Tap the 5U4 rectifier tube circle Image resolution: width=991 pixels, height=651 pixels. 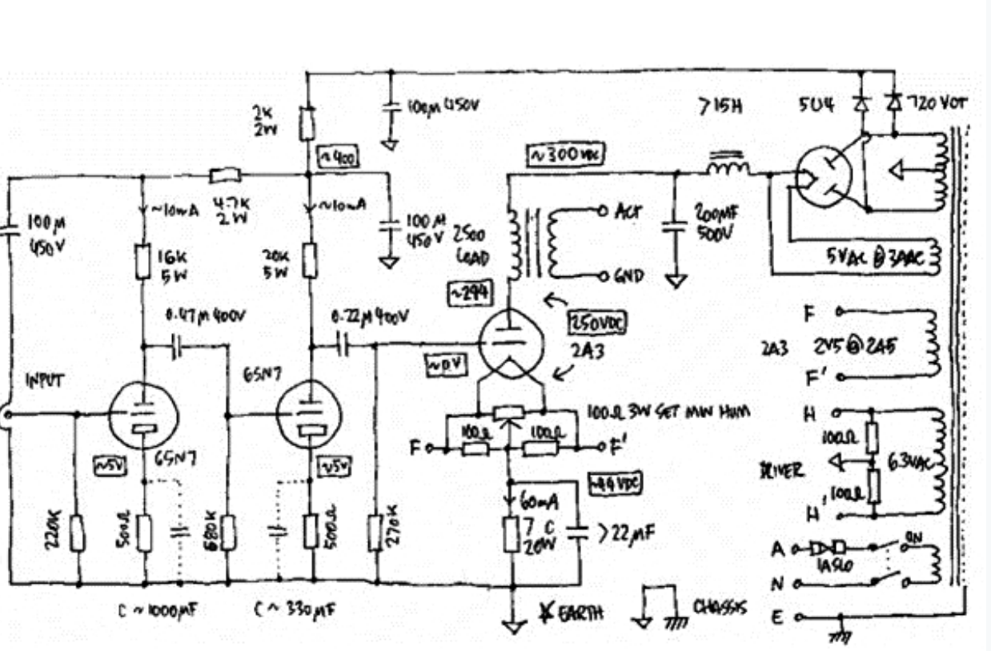(x=824, y=174)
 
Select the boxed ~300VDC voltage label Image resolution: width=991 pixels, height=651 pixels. (x=565, y=155)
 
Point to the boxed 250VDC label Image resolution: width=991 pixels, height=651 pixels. (x=596, y=321)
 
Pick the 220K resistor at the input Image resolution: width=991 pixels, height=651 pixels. (x=78, y=532)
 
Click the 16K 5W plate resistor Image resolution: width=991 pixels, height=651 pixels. (x=144, y=262)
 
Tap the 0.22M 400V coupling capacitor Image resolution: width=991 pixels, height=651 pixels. (x=343, y=345)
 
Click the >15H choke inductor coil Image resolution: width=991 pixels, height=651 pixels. (x=727, y=167)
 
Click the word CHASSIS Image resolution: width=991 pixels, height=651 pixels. (x=720, y=608)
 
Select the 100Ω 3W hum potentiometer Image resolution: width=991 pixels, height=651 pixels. (x=509, y=414)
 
